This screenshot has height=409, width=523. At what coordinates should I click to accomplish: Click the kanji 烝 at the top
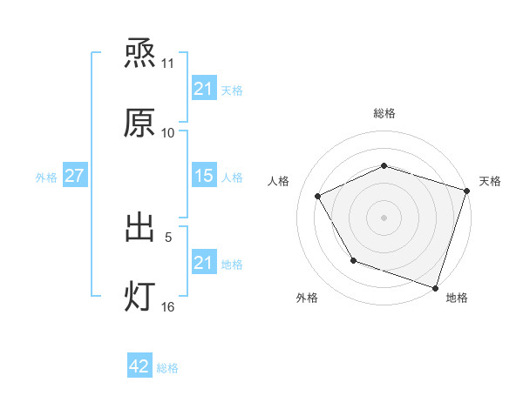click(x=139, y=54)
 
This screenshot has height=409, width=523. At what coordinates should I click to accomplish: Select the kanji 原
click(x=139, y=123)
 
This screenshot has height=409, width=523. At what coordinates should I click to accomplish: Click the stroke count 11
click(x=168, y=64)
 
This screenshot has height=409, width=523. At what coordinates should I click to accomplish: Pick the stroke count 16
click(x=168, y=306)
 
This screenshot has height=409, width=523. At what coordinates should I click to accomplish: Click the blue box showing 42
click(x=139, y=367)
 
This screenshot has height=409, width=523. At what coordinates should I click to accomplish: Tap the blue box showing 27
click(x=74, y=176)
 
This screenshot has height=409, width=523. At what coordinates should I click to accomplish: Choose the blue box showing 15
click(x=203, y=176)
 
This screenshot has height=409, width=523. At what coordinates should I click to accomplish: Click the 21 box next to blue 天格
click(x=203, y=89)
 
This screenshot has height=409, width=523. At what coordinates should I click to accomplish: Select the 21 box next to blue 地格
click(x=203, y=263)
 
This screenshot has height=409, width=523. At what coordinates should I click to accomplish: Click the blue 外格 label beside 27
click(x=46, y=177)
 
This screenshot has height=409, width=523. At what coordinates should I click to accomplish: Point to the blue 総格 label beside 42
click(x=167, y=368)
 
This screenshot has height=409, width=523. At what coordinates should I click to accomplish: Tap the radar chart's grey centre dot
click(x=384, y=217)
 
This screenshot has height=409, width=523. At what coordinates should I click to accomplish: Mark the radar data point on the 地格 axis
click(x=435, y=287)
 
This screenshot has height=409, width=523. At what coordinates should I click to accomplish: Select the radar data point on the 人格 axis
click(x=317, y=196)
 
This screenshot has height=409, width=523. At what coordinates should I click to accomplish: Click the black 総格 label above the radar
click(x=384, y=113)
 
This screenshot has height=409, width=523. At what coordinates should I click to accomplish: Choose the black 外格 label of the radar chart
click(x=307, y=298)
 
